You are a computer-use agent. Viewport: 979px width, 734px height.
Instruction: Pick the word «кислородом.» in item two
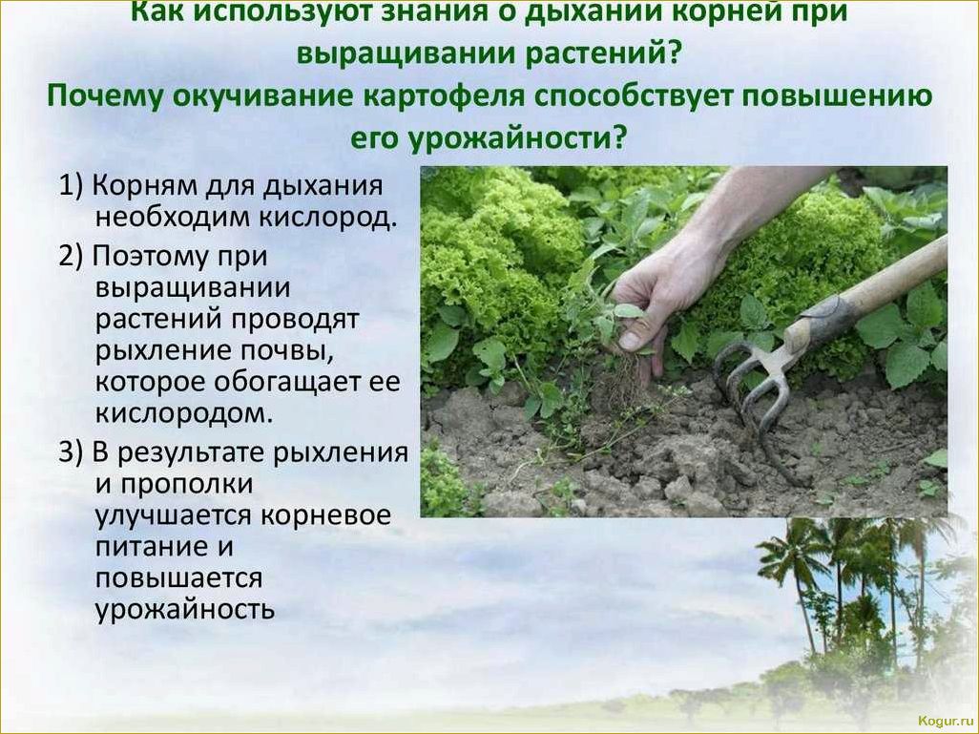pos(184,413)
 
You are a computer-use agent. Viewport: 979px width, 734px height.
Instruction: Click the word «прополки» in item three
pos(187,486)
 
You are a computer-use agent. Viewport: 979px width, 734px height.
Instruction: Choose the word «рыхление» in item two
pos(163,350)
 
